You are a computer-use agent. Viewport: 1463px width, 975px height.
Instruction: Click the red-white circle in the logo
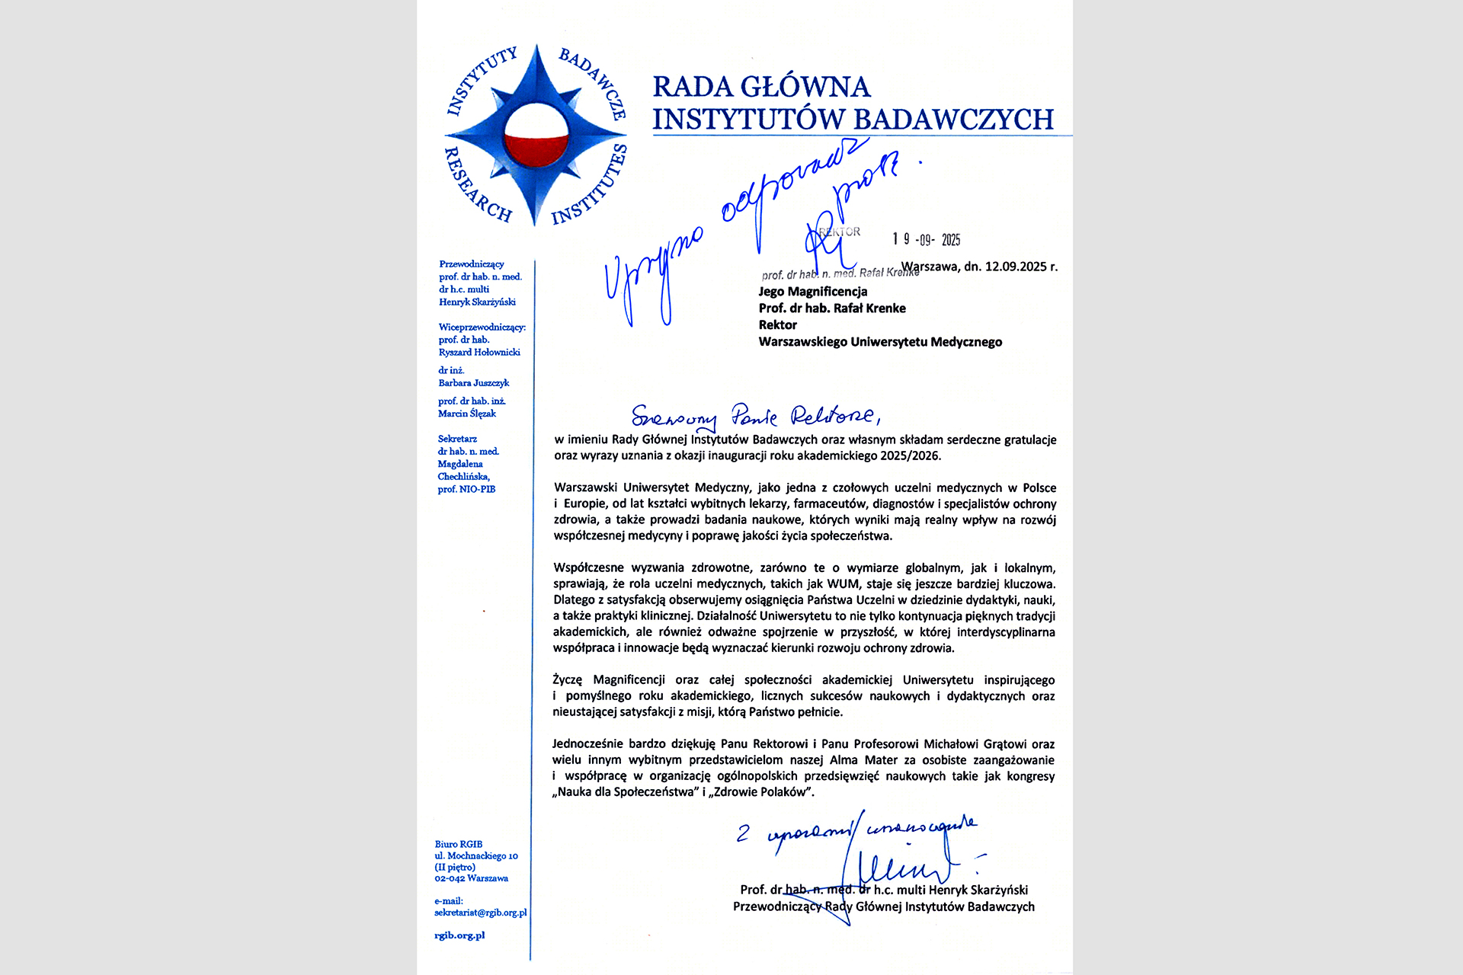(537, 136)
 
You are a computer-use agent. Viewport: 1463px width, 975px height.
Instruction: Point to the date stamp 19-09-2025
(927, 240)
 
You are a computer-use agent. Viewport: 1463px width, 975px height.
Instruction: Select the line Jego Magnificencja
(812, 291)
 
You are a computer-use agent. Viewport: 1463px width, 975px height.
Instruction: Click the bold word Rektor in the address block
(777, 324)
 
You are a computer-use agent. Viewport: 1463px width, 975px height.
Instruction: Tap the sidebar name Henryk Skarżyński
(477, 302)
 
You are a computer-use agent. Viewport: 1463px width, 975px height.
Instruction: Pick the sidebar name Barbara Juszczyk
(473, 382)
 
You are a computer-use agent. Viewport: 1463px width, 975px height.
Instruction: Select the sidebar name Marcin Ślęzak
(466, 414)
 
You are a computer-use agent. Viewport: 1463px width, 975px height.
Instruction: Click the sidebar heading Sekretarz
(457, 439)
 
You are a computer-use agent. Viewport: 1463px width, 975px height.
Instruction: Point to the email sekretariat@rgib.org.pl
(480, 913)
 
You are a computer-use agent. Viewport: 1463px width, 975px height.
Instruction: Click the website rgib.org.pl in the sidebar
(459, 935)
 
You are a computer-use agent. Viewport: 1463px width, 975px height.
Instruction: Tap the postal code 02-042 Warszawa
(471, 878)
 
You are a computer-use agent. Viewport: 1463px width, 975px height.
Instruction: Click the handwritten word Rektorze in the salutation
(834, 416)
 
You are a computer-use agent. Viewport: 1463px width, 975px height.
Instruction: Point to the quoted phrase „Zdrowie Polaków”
(761, 792)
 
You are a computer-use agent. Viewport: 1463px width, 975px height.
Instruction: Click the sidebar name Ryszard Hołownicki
(479, 352)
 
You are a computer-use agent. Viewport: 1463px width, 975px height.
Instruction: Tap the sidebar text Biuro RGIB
(458, 844)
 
